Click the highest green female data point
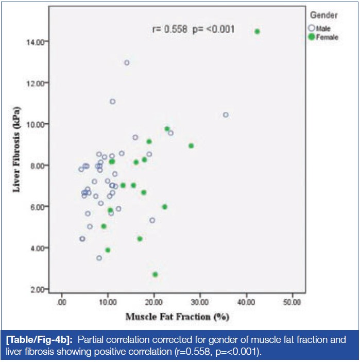tap(257, 31)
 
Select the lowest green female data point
tap(155, 275)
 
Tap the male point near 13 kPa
tap(127, 63)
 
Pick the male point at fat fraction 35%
tap(225, 114)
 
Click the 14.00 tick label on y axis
tap(39, 41)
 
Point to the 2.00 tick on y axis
tap(40, 289)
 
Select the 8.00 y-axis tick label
tap(40, 166)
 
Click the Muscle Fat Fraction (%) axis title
tap(177, 316)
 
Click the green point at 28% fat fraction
tap(191, 146)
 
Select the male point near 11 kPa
tap(112, 102)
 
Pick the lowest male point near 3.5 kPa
tap(99, 258)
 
